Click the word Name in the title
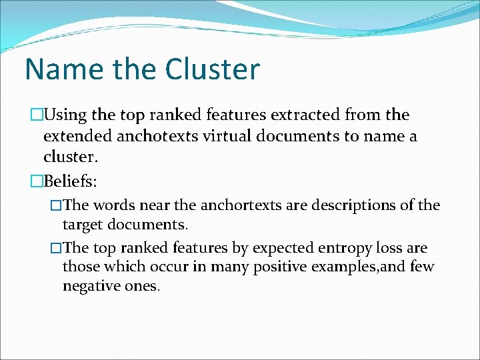(59, 69)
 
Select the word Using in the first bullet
(65, 115)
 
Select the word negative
(88, 286)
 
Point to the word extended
(73, 137)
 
